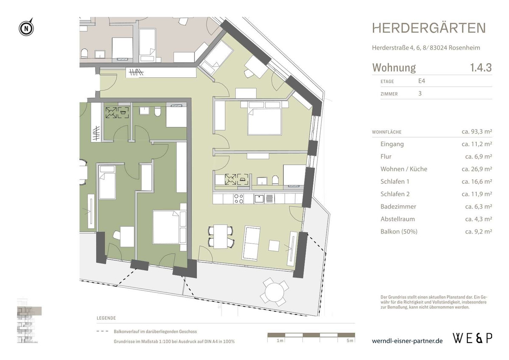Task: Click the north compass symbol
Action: (26, 28)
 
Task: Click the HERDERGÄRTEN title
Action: (429, 28)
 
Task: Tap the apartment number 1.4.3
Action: (481, 67)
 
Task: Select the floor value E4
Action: (422, 81)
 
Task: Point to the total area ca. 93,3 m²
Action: (476, 132)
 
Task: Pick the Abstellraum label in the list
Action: (397, 219)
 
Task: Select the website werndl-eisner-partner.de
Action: (407, 341)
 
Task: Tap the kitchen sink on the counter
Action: (259, 198)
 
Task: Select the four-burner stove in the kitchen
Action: (238, 198)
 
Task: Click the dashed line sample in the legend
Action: (103, 332)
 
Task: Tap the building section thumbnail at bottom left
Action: (29, 318)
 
